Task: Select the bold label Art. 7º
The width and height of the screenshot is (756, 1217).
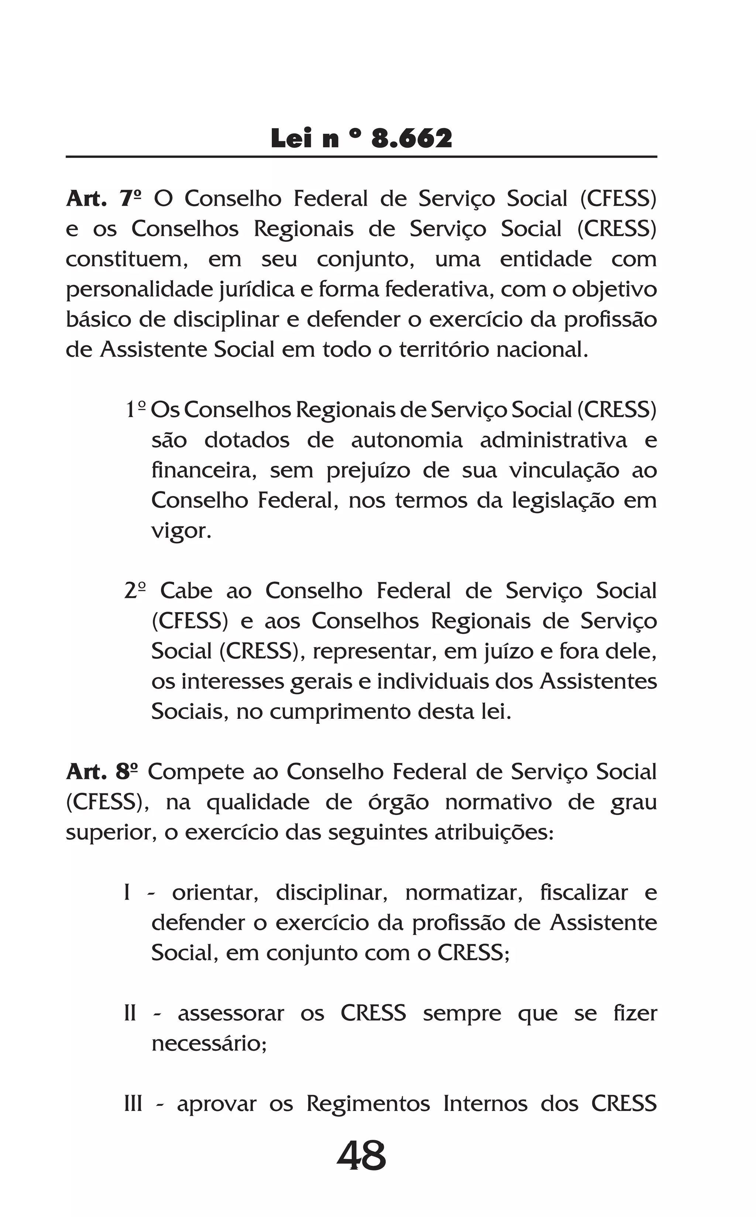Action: (103, 199)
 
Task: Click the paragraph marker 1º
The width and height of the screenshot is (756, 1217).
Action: (135, 410)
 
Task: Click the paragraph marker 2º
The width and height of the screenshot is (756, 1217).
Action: (135, 591)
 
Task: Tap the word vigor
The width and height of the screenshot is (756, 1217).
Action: (181, 531)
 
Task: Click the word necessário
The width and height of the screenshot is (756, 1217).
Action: (209, 1043)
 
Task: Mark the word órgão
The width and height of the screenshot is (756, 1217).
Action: (399, 802)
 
